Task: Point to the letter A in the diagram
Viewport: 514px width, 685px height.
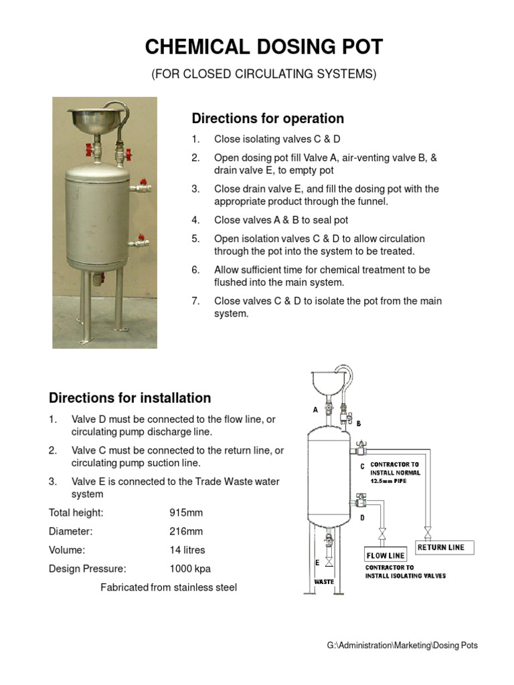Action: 314,410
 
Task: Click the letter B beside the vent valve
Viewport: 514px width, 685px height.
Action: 358,423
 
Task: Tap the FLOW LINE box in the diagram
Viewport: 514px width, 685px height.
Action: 385,555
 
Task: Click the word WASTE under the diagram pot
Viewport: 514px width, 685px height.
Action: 325,581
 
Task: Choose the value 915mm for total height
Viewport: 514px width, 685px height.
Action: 185,513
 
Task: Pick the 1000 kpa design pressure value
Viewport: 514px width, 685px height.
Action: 190,569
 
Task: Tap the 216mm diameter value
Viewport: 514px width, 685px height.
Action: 185,532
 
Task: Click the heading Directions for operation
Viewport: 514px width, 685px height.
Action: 268,118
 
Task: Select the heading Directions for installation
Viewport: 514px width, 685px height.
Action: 130,398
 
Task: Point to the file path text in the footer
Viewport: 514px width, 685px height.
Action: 402,646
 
